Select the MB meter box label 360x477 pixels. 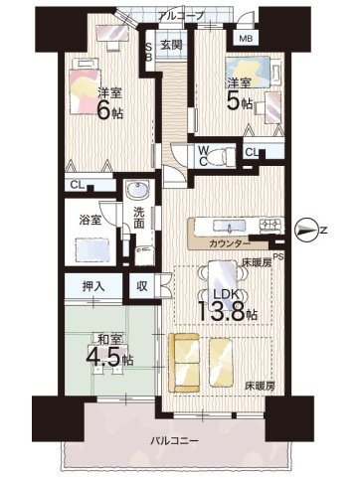[245, 39]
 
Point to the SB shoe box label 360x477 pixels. [149, 53]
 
